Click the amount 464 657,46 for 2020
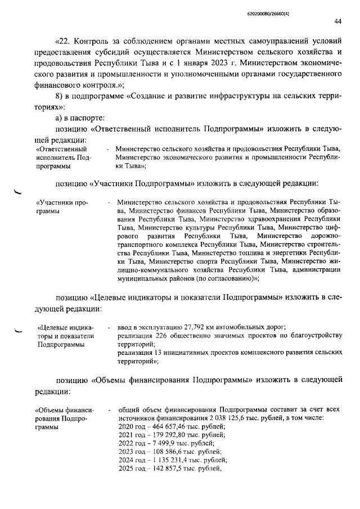tap(165, 426)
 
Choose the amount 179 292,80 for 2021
tap(165, 435)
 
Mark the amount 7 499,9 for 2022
tap(160, 444)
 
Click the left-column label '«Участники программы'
tap(58, 206)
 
